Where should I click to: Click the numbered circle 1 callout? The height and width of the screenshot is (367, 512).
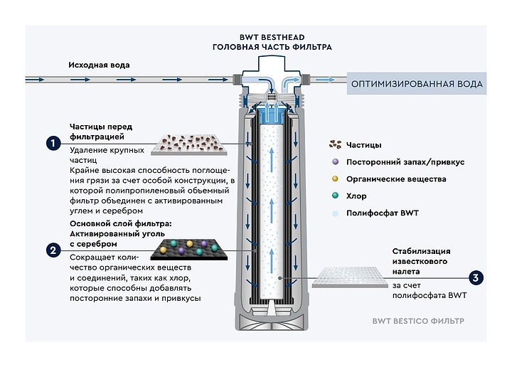point(53,144)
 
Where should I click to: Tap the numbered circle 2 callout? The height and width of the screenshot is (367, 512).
point(53,250)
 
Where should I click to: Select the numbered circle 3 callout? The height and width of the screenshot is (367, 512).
point(476,278)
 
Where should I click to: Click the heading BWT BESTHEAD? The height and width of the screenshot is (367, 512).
point(272,37)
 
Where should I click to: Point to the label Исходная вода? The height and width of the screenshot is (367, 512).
point(99,65)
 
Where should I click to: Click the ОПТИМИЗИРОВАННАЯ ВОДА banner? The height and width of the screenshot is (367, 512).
point(417,84)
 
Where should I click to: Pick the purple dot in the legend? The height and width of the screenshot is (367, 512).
point(335,161)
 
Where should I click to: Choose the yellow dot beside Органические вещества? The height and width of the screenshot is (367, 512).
point(335,179)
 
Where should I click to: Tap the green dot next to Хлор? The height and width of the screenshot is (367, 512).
point(335,196)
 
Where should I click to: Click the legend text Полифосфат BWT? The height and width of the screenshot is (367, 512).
point(383,213)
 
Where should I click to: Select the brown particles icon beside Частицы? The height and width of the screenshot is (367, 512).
point(336,144)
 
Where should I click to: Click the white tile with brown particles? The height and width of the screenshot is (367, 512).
point(189,144)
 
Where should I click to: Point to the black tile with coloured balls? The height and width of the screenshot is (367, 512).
point(189,250)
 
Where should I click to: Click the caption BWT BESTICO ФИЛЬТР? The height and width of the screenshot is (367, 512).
point(418,321)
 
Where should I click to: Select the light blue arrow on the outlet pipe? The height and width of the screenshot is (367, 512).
point(325,80)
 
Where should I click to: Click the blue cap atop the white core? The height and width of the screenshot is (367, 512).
point(272,116)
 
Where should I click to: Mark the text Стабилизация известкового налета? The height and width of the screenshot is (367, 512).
point(421,261)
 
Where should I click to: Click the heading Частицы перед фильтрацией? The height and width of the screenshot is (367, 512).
point(101,132)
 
